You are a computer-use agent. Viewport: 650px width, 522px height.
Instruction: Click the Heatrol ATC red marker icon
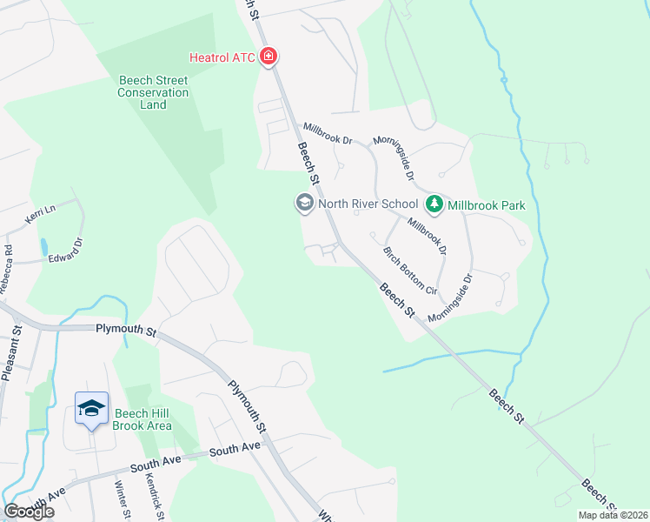[x=269, y=57]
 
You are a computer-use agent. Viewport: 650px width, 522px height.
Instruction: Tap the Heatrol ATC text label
[x=223, y=58]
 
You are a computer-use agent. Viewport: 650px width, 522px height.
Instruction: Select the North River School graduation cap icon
[x=304, y=204]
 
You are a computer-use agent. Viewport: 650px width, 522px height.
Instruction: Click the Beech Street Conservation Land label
[x=154, y=92]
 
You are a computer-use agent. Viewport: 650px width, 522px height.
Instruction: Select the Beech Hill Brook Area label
[x=142, y=419]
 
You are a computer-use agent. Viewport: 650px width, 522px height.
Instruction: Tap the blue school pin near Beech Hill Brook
[x=91, y=409]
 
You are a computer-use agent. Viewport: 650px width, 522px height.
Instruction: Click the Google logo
[x=29, y=512]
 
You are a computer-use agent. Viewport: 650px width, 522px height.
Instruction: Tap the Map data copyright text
[x=613, y=515]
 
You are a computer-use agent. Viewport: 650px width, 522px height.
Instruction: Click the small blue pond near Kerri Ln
[x=43, y=246]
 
